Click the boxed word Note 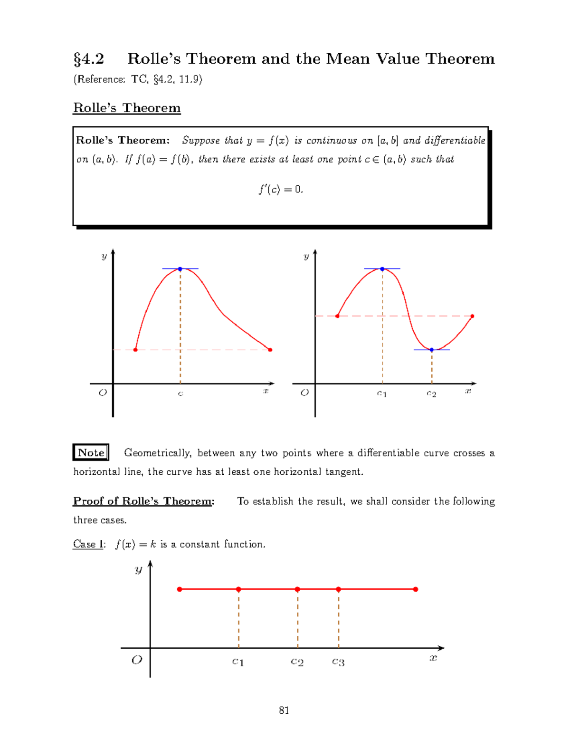tap(91, 452)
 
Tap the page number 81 tap(284, 710)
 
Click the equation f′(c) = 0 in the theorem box tap(281, 190)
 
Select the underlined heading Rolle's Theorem tap(127, 108)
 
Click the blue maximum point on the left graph tap(180, 269)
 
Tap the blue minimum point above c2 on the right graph tap(432, 350)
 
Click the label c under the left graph tap(180, 393)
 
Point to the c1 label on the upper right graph tap(382, 393)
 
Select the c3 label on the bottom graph tap(338, 661)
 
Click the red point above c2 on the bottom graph tap(297, 589)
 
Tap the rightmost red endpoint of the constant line tap(416, 589)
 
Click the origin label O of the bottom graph tap(137, 660)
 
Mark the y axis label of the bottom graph tap(138, 569)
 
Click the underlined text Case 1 tap(88, 544)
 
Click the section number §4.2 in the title tap(89, 59)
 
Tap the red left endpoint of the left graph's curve tap(135, 350)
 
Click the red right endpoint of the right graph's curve tap(472, 316)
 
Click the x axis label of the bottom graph tap(433, 658)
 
